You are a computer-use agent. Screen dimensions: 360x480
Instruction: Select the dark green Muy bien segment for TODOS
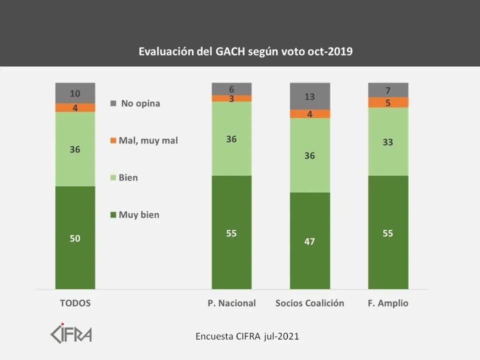pos(75,237)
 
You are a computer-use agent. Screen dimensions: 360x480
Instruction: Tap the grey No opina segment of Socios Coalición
pos(310,96)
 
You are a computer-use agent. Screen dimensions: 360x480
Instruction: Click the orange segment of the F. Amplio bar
pos(388,102)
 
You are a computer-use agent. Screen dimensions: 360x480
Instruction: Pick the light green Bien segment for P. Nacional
pos(231,138)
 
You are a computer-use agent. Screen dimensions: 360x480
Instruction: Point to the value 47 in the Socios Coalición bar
pos(310,241)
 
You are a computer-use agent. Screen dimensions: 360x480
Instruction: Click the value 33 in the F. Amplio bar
pos(387,142)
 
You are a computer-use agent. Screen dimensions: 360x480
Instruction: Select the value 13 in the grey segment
pos(310,96)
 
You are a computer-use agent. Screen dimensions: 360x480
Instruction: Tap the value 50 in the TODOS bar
pos(75,238)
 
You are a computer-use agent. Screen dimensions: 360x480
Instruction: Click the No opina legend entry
pos(135,103)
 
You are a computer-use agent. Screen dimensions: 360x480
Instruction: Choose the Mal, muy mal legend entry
pos(144,140)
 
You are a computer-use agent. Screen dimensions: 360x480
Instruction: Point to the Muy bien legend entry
pos(135,215)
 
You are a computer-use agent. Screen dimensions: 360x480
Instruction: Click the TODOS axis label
pos(75,303)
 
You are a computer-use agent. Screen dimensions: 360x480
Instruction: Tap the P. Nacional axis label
pos(231,303)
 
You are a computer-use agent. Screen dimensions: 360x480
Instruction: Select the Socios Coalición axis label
pos(310,303)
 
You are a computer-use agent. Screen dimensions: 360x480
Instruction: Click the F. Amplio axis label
pos(388,303)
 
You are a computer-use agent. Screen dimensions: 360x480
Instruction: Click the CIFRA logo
pos(71,333)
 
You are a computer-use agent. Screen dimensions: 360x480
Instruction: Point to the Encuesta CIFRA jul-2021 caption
pos(247,336)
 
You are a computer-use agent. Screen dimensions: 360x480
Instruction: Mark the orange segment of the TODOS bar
pos(75,107)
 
